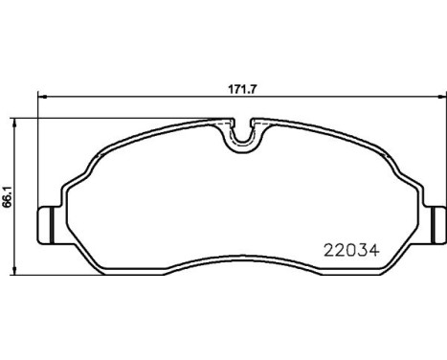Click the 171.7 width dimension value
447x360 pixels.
[x=242, y=89]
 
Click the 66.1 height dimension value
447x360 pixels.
[x=7, y=196]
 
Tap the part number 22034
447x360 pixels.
[x=351, y=250]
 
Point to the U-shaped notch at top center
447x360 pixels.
[x=243, y=137]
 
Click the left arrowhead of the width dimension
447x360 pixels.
[x=42, y=97]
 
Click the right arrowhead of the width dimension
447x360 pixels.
[x=442, y=97]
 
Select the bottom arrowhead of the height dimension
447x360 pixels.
[x=13, y=270]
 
